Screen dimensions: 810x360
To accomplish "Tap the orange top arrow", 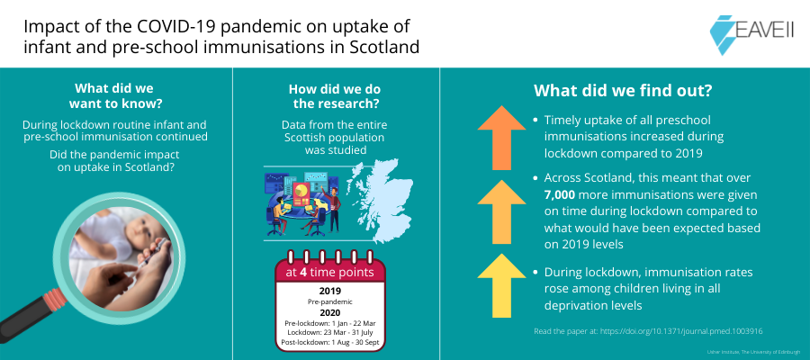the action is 501,138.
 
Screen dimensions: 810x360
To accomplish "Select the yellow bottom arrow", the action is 501,285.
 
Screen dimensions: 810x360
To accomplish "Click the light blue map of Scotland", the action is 380,202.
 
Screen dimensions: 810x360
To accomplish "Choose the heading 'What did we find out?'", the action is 623,90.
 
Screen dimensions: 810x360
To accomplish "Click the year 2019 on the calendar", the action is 329,291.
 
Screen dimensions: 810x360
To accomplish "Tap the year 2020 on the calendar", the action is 329,312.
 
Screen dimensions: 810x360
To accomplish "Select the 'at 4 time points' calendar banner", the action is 329,272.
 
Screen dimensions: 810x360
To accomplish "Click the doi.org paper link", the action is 681,331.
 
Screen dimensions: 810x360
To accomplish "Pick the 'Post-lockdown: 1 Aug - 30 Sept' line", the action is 329,342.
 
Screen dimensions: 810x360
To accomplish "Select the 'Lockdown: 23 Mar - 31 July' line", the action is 329,333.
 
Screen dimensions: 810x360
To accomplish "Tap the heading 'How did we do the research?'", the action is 334,96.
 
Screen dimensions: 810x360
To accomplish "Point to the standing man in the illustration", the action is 334,208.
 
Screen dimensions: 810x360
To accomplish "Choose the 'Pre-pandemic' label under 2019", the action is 329,301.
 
